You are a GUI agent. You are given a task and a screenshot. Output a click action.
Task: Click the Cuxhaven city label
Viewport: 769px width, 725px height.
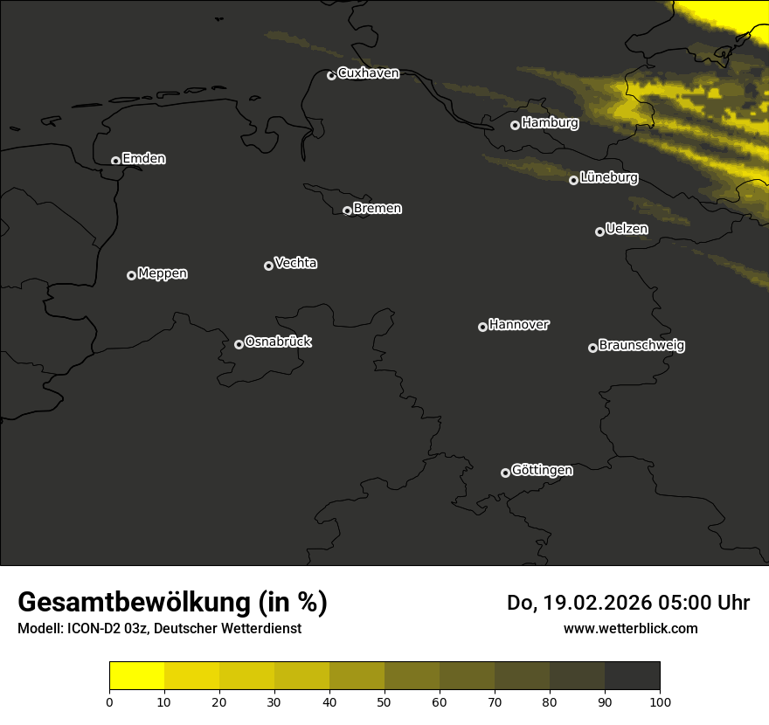[368, 73]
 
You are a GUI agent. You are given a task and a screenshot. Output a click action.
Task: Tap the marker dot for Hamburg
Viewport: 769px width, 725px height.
[516, 125]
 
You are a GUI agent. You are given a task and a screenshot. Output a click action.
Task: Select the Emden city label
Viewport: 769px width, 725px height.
[143, 159]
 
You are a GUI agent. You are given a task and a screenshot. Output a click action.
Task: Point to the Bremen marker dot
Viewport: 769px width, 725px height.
[347, 211]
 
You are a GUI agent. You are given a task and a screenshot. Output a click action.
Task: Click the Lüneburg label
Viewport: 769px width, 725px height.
[608, 178]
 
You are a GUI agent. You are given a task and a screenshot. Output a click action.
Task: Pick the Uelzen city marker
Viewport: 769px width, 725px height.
[599, 231]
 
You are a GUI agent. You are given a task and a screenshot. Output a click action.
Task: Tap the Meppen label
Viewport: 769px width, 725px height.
[163, 273]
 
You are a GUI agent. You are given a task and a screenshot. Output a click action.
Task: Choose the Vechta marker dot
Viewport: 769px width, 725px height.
[268, 266]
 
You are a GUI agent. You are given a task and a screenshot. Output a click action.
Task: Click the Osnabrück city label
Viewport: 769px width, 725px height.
[278, 342]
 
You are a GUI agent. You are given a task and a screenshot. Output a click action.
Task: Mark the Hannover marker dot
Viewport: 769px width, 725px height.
[482, 327]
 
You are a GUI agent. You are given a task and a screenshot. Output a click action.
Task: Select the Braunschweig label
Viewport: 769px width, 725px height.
[641, 346]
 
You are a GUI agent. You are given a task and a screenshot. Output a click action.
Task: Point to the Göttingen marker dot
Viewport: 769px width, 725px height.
[505, 473]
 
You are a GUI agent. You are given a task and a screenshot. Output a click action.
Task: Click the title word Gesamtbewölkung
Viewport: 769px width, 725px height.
[135, 603]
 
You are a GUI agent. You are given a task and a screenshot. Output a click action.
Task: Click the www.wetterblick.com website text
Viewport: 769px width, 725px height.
[630, 628]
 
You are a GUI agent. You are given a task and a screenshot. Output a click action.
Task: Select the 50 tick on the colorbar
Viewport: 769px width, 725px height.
[384, 701]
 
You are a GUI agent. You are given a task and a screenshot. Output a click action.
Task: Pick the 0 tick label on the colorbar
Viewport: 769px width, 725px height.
[109, 701]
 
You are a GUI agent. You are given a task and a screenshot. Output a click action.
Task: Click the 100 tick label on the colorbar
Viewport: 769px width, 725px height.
[660, 701]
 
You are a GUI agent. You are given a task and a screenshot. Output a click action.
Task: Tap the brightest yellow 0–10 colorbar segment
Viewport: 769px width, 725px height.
[136, 675]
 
